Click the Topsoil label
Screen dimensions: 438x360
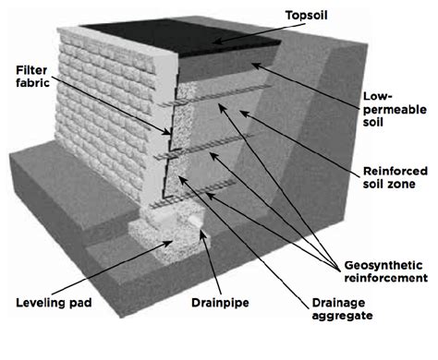[307, 16]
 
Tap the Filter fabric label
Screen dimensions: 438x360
[33, 77]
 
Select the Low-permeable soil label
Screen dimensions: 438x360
[395, 109]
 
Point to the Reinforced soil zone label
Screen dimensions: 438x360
[395, 177]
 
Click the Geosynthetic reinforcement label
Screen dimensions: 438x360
[386, 271]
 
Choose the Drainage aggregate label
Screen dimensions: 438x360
[342, 309]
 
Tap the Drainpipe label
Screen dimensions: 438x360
[220, 303]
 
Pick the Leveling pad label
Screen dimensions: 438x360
[54, 303]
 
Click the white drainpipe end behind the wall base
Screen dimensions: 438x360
[196, 221]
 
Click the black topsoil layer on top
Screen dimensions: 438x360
[182, 37]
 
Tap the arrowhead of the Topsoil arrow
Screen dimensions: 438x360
[215, 41]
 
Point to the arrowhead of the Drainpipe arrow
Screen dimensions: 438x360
[201, 234]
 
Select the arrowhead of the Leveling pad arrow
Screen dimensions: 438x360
[169, 243]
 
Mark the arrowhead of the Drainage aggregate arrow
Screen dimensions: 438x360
[182, 180]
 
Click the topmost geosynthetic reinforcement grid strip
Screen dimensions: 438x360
[215, 95]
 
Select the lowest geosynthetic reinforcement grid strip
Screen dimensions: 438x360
[193, 195]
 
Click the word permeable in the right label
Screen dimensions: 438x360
[395, 110]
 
